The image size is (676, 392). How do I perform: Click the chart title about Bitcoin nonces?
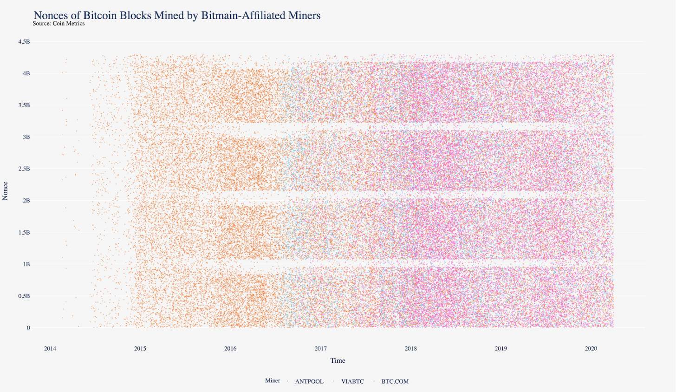[x=177, y=15]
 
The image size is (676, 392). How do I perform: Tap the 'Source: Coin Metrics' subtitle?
[x=58, y=24]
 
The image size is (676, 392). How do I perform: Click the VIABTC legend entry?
[x=352, y=381]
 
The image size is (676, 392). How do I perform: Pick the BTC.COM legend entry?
[x=395, y=381]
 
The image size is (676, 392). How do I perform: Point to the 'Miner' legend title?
[x=273, y=381]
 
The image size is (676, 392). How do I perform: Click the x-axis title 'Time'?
[x=338, y=360]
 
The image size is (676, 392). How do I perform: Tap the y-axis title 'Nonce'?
[x=6, y=191]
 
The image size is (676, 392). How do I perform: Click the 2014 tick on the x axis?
[x=50, y=349]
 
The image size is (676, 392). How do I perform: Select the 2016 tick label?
[x=230, y=349]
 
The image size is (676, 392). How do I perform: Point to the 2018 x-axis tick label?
[x=410, y=349]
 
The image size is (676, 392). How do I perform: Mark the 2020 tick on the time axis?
[x=591, y=349]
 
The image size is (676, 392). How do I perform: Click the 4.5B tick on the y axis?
[x=24, y=42]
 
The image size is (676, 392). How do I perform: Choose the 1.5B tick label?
[x=24, y=232]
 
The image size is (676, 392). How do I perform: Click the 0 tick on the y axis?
[x=28, y=328]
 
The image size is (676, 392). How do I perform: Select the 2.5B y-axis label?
[x=24, y=169]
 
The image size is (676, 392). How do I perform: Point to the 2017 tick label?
[x=320, y=349]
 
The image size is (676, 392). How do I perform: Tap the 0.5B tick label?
[x=24, y=296]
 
